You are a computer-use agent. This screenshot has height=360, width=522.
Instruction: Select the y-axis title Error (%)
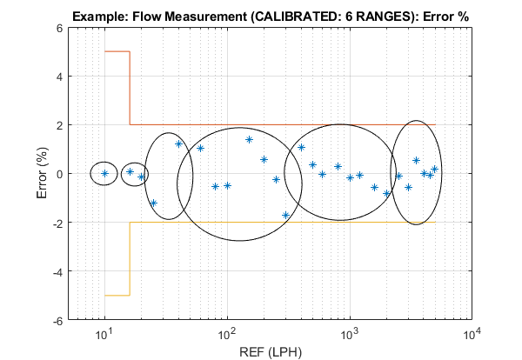click(x=43, y=174)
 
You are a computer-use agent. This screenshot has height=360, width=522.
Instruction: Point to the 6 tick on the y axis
click(x=59, y=28)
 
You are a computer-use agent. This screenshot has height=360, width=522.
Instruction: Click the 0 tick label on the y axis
click(x=59, y=174)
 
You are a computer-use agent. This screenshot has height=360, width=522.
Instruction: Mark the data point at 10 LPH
click(x=104, y=173)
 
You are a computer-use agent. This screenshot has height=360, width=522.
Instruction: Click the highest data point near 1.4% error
click(x=249, y=139)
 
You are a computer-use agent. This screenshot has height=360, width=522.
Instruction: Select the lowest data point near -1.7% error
click(x=285, y=215)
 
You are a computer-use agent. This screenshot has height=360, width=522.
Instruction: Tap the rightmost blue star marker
click(x=435, y=170)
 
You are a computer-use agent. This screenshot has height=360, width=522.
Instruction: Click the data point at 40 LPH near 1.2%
click(x=178, y=143)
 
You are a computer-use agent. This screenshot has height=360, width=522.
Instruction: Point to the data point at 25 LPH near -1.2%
click(x=153, y=203)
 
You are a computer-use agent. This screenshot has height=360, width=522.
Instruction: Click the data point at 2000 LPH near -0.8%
click(x=387, y=193)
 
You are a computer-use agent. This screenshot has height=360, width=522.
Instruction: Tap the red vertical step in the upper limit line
click(x=130, y=88)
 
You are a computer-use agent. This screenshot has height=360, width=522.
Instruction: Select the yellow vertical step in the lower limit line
click(x=130, y=258)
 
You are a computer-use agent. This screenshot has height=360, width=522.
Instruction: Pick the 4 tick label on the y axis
click(x=59, y=77)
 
